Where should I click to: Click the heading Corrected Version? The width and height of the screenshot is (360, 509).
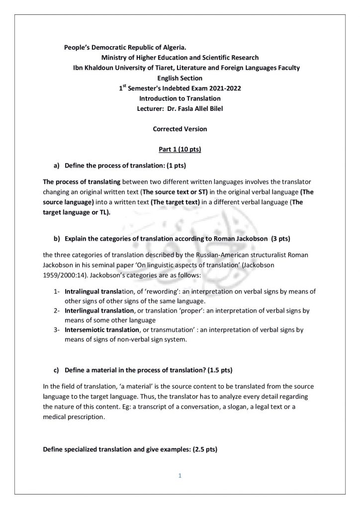(x=180, y=129)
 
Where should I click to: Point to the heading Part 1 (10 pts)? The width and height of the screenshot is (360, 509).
(x=180, y=149)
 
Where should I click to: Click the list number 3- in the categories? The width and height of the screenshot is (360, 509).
(x=57, y=330)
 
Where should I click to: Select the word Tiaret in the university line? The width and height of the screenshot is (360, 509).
(x=180, y=68)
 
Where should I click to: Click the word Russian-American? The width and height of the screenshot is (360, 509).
(x=221, y=254)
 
